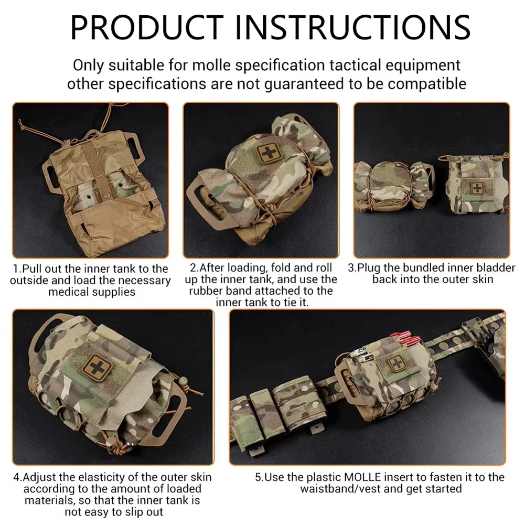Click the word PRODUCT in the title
coord(147,27)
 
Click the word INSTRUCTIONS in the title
coord(352,27)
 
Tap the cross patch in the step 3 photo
coord(477,188)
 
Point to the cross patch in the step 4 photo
coord(97,367)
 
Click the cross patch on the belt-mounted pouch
coord(397,363)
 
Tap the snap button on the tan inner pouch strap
coord(109,194)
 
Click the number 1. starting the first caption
coord(17,269)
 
